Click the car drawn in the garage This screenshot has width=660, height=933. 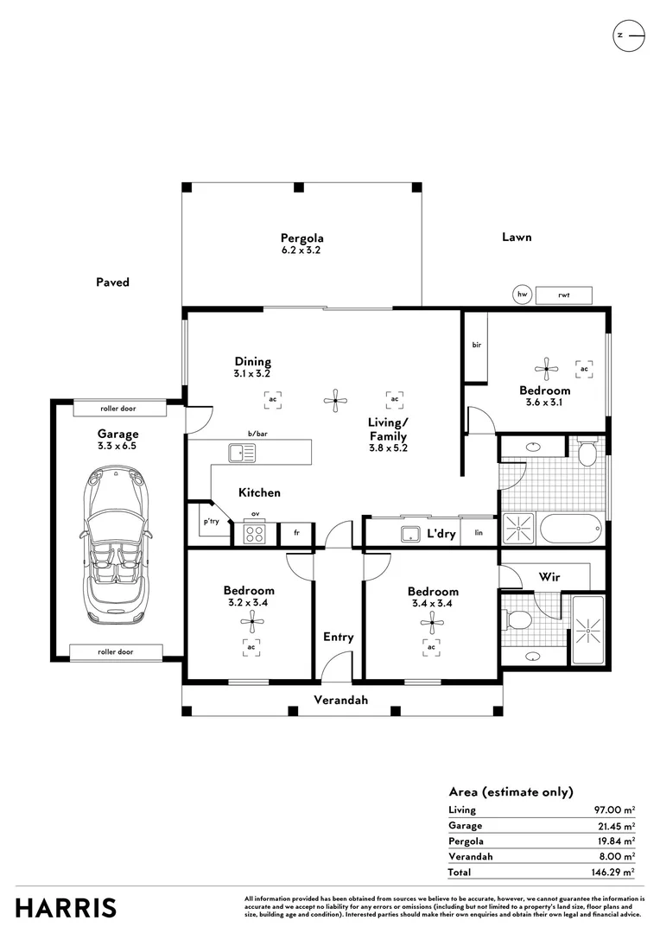[x=117, y=546]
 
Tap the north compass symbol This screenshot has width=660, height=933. [x=628, y=35]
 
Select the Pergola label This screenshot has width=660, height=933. [x=301, y=238]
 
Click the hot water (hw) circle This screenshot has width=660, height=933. [x=522, y=295]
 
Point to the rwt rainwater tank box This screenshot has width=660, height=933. [x=563, y=295]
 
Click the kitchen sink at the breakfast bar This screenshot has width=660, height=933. [x=242, y=454]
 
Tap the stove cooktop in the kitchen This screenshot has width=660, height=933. [x=254, y=533]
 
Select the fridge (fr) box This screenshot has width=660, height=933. [x=296, y=533]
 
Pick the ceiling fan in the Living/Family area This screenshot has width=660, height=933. [x=335, y=401]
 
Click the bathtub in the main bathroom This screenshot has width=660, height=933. [x=569, y=529]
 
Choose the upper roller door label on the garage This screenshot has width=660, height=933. [x=117, y=409]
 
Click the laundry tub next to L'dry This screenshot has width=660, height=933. [x=410, y=534]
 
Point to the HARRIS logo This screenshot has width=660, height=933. [x=66, y=908]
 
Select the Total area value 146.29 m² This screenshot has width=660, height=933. [x=613, y=873]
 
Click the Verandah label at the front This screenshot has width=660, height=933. [x=340, y=701]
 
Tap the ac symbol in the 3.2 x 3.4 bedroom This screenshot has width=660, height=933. [x=251, y=647]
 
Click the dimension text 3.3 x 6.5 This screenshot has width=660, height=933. [x=117, y=446]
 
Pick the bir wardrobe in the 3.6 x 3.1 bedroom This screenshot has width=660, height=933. [x=476, y=346]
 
